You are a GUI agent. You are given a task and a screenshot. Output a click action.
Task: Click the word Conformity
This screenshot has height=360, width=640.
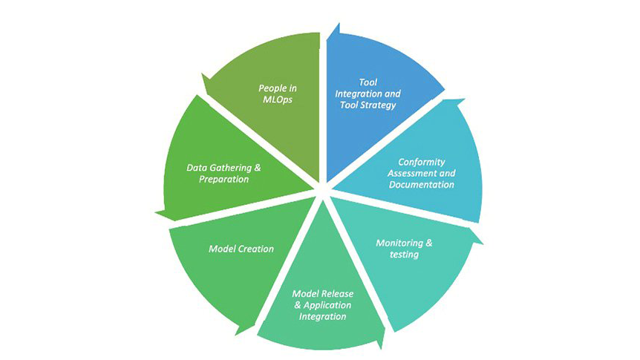(x=422, y=161)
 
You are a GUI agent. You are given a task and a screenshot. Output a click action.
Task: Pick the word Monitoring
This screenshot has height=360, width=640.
(x=400, y=243)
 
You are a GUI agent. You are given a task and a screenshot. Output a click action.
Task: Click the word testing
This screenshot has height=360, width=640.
(x=405, y=255)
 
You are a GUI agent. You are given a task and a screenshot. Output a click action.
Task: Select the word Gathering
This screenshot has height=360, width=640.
(x=231, y=168)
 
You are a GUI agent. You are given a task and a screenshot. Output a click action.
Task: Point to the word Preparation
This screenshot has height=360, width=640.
(x=223, y=180)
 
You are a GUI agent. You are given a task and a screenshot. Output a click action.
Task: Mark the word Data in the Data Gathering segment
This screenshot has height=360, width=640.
(x=196, y=168)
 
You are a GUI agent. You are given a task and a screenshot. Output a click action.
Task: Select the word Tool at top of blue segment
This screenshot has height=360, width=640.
(x=368, y=82)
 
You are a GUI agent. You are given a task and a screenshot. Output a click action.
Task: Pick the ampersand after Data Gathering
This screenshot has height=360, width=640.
(x=258, y=168)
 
